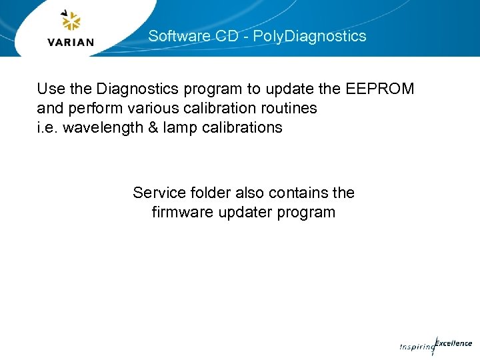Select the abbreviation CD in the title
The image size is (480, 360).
(x=227, y=36)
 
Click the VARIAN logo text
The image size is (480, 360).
(x=71, y=42)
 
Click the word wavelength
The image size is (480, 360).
(x=98, y=127)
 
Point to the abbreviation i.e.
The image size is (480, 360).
(x=47, y=127)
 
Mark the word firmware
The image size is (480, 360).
(x=182, y=212)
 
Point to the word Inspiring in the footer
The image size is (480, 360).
(x=417, y=347)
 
